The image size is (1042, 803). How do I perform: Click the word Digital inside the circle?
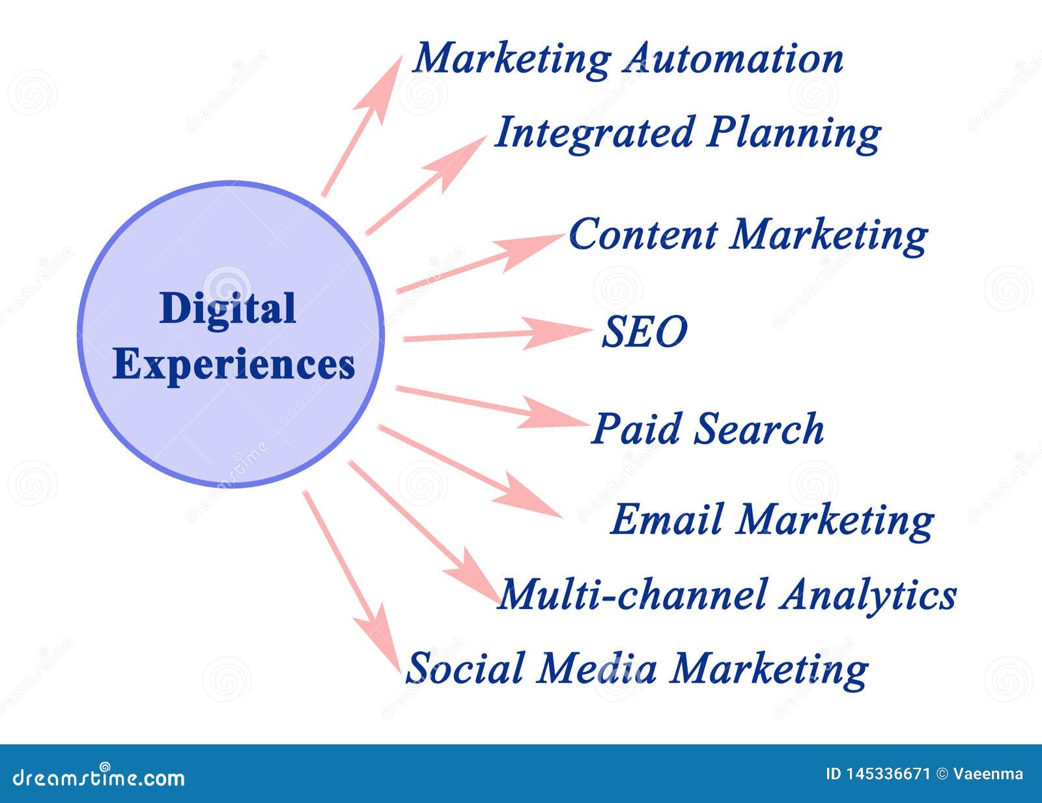click(x=227, y=308)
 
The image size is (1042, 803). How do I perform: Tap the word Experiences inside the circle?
click(x=234, y=365)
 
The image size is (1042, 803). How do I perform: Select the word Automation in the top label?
click(x=733, y=59)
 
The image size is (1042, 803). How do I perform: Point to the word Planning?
click(x=794, y=134)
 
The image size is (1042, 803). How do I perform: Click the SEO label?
click(x=643, y=331)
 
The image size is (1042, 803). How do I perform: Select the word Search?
click(x=758, y=429)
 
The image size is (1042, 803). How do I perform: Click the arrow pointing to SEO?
click(x=495, y=333)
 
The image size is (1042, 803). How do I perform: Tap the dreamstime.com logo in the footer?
click(x=98, y=776)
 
